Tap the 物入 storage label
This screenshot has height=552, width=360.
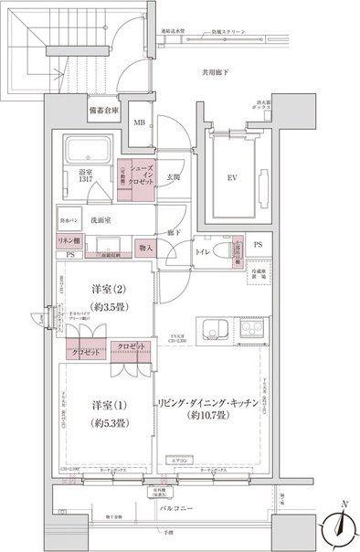click(x=146, y=248)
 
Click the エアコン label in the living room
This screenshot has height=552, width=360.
click(x=179, y=462)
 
